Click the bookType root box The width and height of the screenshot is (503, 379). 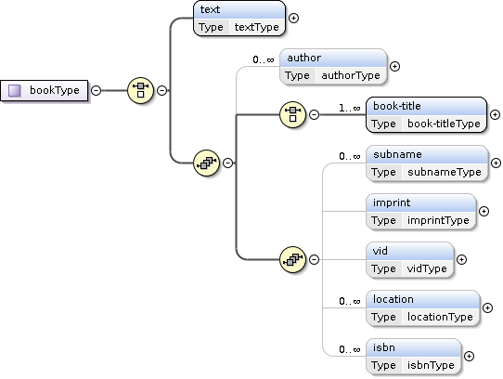tap(44, 91)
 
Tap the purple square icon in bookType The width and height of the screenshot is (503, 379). tap(15, 91)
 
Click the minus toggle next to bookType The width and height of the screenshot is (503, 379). tap(96, 91)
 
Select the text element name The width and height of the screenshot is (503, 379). tap(210, 9)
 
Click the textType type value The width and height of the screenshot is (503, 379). tap(257, 27)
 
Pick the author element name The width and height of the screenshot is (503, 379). tap(303, 58)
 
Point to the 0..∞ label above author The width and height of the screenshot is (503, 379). tap(264, 59)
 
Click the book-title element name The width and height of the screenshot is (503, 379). tap(397, 106)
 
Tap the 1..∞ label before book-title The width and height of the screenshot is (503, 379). tap(350, 109)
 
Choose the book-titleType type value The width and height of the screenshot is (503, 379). tap(444, 124)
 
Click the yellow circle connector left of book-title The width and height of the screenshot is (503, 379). tap(292, 114)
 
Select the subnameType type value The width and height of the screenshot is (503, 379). tap(445, 172)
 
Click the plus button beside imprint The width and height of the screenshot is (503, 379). tap(484, 212)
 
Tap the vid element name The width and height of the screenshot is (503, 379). tap(380, 251)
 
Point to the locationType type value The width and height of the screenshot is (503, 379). tap(440, 317)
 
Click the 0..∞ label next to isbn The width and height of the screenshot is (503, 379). tap(350, 349)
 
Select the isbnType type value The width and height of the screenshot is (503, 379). tap(431, 365)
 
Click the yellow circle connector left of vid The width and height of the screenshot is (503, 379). tap(292, 259)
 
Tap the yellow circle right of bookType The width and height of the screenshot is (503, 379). tap(140, 91)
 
